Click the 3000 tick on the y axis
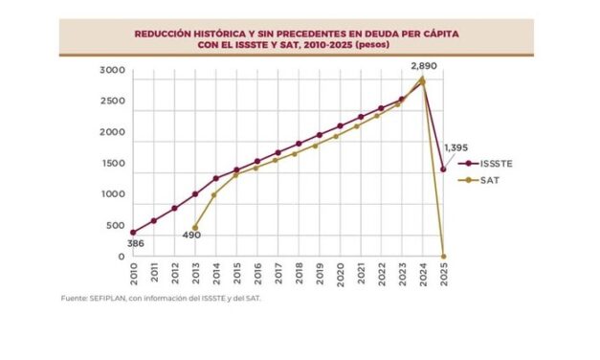pyautogui.click(x=113, y=72)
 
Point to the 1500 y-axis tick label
pyautogui.click(x=113, y=165)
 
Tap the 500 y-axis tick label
pyautogui.click(x=115, y=226)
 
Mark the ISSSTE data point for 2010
pyautogui.click(x=133, y=232)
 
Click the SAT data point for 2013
pyautogui.click(x=194, y=227)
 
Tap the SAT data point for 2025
pyautogui.click(x=443, y=256)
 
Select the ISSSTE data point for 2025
pyautogui.click(x=443, y=169)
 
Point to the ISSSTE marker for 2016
pyautogui.click(x=256, y=161)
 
